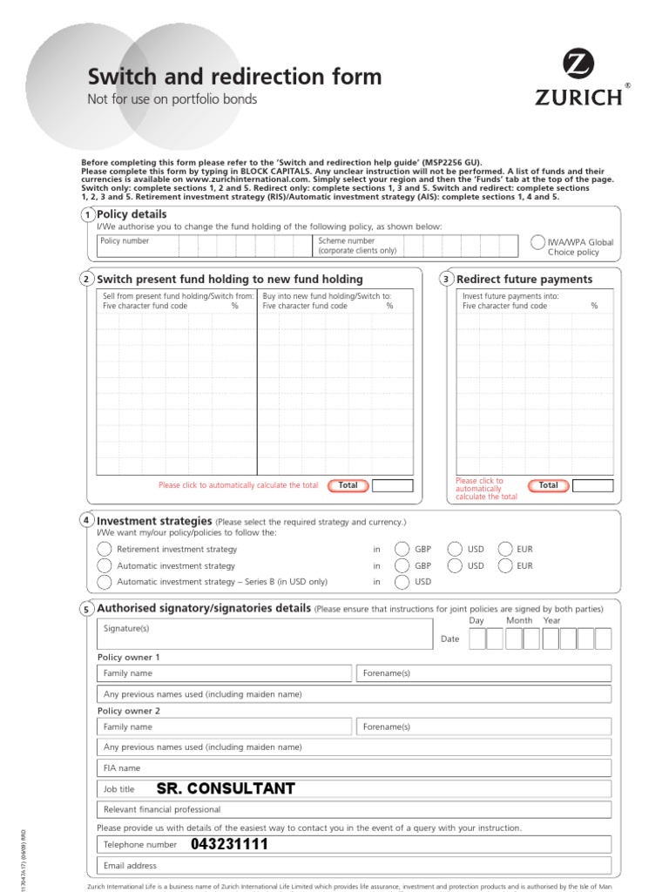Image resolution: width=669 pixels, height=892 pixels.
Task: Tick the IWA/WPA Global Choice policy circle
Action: tap(538, 243)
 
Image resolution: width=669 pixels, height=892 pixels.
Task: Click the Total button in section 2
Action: tap(348, 485)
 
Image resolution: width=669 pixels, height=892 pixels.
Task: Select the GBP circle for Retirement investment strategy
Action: tap(402, 549)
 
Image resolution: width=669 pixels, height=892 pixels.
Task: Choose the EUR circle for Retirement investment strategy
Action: tap(505, 549)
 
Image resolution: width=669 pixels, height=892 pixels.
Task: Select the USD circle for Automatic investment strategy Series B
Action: tap(402, 582)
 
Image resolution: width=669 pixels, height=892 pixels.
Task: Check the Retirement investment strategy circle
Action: tap(105, 549)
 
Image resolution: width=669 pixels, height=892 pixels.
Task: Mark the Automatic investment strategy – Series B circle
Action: tap(105, 582)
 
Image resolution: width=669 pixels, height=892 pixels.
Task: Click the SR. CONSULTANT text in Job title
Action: tap(226, 789)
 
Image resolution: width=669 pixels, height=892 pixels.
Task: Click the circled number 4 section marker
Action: tap(86, 520)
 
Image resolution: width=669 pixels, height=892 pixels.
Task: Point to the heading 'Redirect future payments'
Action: tap(524, 280)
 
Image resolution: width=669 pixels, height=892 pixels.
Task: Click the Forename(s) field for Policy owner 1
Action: tap(483, 673)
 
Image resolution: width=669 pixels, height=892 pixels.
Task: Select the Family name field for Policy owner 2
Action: tap(225, 726)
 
